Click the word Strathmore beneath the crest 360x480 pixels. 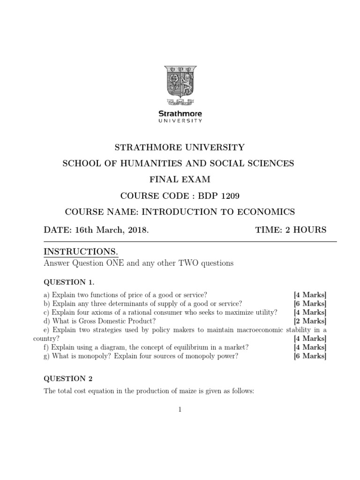point(180,113)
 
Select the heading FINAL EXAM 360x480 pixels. point(180,180)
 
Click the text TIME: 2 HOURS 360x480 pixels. point(291,230)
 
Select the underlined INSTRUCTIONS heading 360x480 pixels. point(80,252)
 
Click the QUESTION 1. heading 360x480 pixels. point(69,282)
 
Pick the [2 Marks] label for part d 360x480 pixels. point(310,321)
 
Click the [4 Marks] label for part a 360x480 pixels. point(310,295)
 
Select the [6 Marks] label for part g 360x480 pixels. point(310,356)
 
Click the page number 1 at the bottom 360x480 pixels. point(180,410)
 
